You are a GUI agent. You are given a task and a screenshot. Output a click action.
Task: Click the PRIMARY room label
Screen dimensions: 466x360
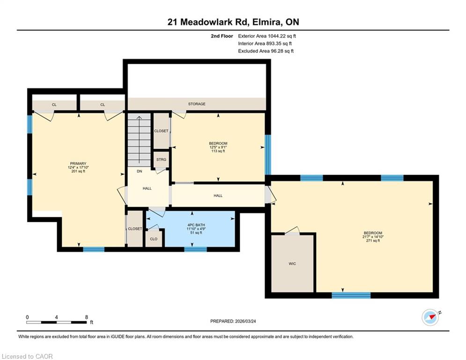coord(78,163)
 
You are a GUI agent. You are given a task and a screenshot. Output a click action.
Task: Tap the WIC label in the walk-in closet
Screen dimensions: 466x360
coord(292,263)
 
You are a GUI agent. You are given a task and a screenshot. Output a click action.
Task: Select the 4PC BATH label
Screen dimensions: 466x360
coord(196,225)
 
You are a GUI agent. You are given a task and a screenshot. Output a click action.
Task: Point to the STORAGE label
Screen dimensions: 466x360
coord(197,104)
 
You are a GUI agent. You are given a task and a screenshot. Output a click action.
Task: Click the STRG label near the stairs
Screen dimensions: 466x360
coord(162,159)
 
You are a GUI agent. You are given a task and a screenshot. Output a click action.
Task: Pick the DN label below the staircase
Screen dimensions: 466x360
coord(140,172)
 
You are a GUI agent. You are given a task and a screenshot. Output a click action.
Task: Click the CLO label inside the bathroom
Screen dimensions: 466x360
coord(154,239)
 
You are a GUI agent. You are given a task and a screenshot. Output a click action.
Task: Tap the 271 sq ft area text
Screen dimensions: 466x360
coord(373,240)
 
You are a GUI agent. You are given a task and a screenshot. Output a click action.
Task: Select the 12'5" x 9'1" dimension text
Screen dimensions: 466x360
coord(218,147)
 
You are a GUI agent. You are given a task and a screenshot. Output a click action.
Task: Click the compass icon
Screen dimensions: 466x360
coord(430,317)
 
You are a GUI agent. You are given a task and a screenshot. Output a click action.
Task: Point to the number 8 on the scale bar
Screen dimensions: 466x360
coord(87,317)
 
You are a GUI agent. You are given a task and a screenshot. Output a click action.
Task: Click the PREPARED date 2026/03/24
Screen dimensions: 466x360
coord(245,321)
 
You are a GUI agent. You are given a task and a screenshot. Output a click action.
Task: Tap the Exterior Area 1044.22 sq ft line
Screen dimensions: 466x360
coord(267,36)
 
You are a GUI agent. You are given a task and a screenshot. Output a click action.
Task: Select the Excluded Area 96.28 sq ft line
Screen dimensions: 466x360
coord(266,51)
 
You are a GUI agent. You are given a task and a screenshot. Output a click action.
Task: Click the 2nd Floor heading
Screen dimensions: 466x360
coord(222,36)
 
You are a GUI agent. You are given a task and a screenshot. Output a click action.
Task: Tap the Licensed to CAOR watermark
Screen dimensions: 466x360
coord(27,356)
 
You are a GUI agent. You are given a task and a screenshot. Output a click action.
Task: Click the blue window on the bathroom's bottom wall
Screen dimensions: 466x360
coord(196,249)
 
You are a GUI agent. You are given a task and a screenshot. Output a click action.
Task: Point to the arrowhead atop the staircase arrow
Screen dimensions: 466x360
coord(139,117)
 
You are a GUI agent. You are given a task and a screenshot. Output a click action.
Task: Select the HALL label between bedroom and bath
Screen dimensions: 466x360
coord(218,196)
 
